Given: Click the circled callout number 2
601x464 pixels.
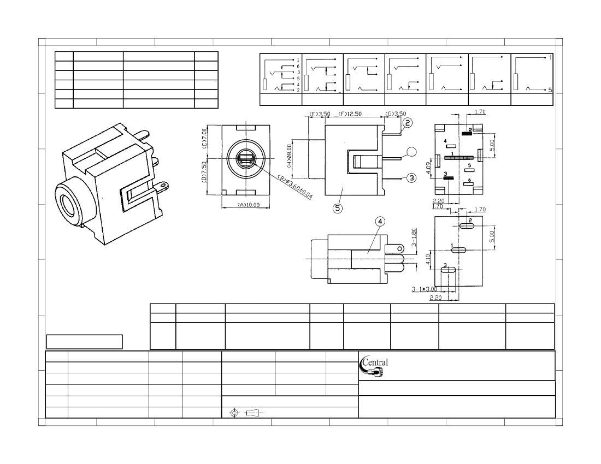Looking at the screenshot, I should point(408,123).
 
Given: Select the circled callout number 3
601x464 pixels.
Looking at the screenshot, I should point(411,177).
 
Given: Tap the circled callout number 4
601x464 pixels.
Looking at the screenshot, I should point(380,222).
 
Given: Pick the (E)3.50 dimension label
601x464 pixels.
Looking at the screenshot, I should point(320,114).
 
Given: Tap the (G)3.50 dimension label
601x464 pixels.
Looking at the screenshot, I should point(394,114).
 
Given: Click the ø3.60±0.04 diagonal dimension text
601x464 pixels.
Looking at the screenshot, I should point(294,187).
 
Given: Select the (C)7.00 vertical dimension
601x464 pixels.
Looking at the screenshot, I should point(204,139).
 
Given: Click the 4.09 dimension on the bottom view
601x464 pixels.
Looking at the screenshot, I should point(430,167).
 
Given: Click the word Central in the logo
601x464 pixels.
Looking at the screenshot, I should point(376,362).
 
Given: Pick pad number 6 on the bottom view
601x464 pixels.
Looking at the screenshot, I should point(469,184).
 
